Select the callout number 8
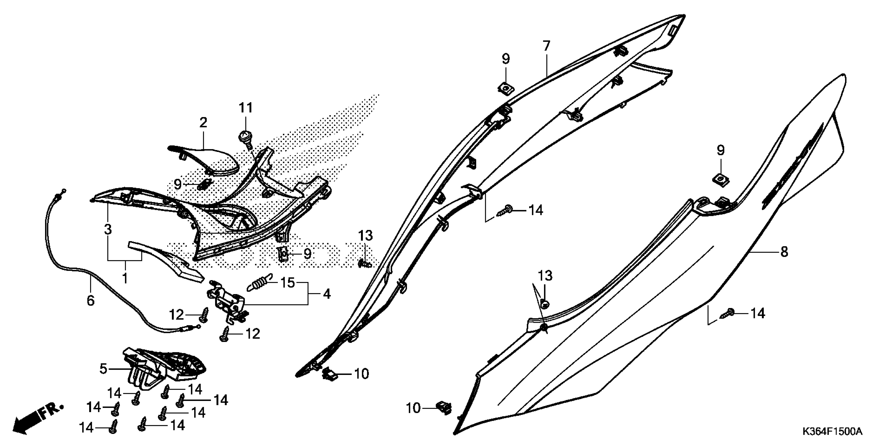point(784,252)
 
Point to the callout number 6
point(90,301)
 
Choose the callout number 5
point(103,369)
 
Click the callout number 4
point(327,294)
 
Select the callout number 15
point(287,283)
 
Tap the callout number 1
point(125,278)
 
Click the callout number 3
point(108,229)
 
